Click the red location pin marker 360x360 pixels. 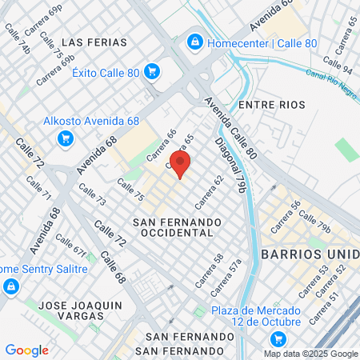[181, 164]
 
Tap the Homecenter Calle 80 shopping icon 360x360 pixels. [194, 42]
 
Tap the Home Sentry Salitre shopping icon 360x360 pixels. [10, 286]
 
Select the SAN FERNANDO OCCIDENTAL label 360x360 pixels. [176, 226]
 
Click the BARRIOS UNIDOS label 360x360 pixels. [309, 254]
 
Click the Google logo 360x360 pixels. [26, 350]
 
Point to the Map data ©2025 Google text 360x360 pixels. [311, 354]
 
